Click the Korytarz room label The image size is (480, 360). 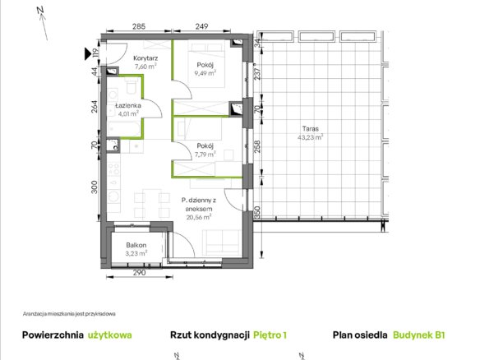click(145, 58)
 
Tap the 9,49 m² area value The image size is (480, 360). click(205, 73)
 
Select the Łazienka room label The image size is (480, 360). click(128, 105)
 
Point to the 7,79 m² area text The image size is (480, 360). click(205, 155)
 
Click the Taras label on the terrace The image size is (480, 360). click(311, 128)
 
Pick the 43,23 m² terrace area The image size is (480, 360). click(311, 137)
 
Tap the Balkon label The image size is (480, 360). click(136, 245)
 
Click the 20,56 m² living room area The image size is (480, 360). click(199, 217)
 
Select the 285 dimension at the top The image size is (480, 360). click(139, 26)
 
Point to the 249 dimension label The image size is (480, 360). click(201, 26)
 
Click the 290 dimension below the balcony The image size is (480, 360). click(139, 272)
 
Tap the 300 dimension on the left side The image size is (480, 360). click(95, 187)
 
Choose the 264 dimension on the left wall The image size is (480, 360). click(95, 107)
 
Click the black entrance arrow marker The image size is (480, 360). click(88, 53)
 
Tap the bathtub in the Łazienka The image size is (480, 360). click(124, 128)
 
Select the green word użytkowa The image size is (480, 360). click(110, 335)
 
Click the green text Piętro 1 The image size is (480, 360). click(270, 335)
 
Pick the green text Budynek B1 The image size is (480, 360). click(419, 335)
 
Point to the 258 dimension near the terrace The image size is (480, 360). click(257, 146)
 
